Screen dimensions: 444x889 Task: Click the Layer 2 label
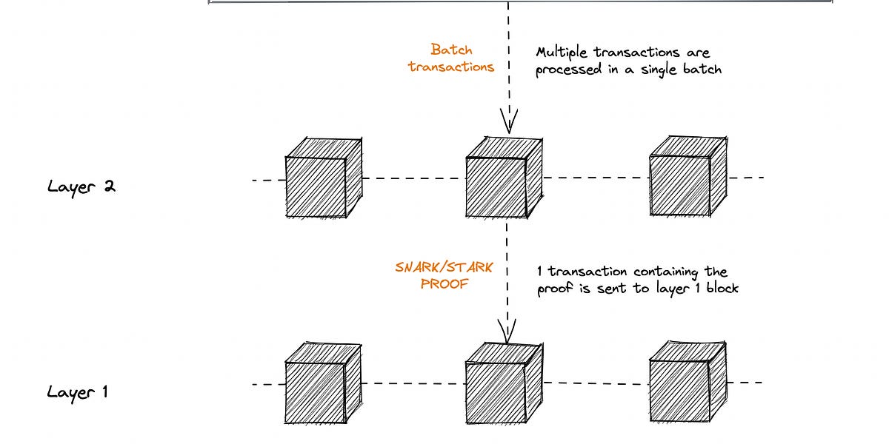pos(81,186)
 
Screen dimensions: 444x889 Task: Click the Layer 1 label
pos(78,391)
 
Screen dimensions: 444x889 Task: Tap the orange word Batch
pos(451,50)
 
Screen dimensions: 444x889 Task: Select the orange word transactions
pos(451,67)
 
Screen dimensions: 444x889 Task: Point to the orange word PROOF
pos(444,283)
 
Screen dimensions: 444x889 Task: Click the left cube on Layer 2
pos(323,177)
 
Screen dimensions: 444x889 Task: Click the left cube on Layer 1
pos(323,383)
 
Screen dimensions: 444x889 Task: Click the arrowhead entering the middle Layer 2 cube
pos(508,123)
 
